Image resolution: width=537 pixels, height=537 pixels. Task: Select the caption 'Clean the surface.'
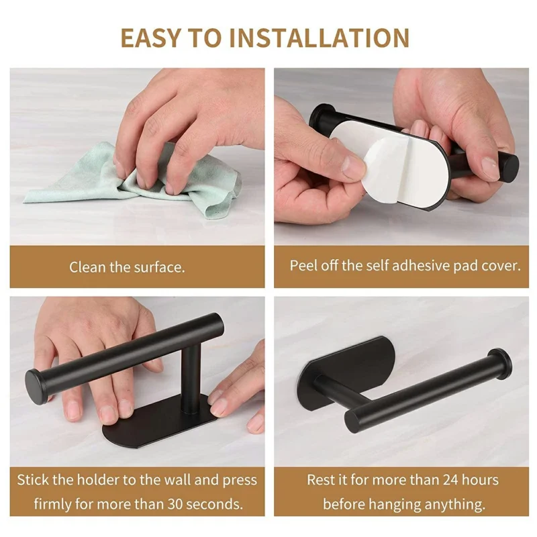(127, 267)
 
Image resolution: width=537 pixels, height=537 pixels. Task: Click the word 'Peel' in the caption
(304, 265)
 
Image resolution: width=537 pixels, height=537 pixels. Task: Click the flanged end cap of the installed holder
(500, 362)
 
